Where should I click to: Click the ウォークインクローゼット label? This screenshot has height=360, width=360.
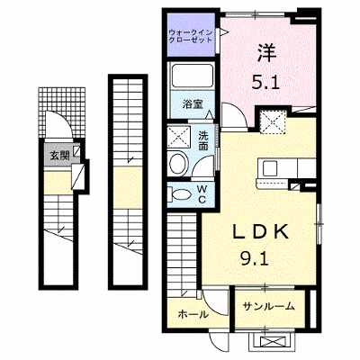[x=191, y=36]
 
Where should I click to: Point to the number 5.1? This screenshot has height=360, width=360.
[x=265, y=82]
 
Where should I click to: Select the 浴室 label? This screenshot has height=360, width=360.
[x=193, y=104]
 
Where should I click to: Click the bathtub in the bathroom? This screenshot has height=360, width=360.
[x=193, y=75]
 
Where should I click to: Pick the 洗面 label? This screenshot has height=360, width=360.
[x=203, y=141]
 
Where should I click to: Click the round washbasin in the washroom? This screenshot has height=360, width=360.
[x=177, y=164]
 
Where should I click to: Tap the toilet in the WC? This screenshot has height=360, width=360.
[x=179, y=194]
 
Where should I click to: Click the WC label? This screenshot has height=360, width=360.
[x=202, y=194]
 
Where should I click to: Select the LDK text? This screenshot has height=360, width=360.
[x=260, y=232]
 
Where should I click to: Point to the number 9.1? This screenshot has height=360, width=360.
[x=254, y=258]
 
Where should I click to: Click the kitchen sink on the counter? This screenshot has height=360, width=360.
[x=270, y=168]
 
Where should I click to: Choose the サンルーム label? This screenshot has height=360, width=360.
[x=269, y=306]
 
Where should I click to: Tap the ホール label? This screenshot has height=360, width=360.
[x=193, y=314]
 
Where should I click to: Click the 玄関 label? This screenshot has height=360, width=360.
[x=59, y=156]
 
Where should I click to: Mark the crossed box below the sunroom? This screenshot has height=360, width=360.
[x=272, y=342]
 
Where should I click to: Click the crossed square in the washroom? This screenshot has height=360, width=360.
[x=179, y=138]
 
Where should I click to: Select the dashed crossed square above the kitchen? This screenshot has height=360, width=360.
[x=273, y=121]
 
